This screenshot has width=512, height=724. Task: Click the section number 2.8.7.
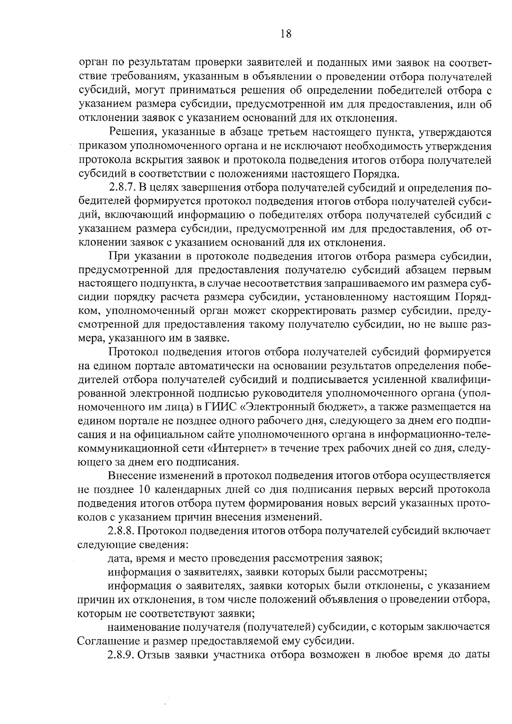[x=122, y=188]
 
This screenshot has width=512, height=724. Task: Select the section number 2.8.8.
[x=122, y=531]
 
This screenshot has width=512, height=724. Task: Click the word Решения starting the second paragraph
[x=129, y=132]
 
